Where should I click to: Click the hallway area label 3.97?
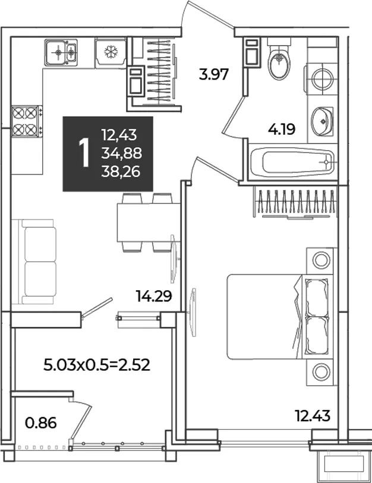coord(214,75)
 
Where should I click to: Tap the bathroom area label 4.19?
coord(282,129)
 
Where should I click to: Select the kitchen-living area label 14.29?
coord(154,296)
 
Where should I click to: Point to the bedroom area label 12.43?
coord(313,416)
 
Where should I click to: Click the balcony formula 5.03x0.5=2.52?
coord(97,365)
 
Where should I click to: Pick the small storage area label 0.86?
coord(41,423)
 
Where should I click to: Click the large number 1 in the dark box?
coord(84,152)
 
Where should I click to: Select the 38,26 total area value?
coord(121,171)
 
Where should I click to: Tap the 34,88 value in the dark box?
coord(122,153)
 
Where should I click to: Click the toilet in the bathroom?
coord(279,59)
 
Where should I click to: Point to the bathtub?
coord(292,161)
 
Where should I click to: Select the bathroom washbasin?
coord(322,122)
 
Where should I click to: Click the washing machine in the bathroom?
coord(321,78)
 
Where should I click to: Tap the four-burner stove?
coord(27,121)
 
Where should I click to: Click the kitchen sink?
coord(61,52)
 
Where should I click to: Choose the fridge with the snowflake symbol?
coord(111,53)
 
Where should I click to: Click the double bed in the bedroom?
coord(280,317)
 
